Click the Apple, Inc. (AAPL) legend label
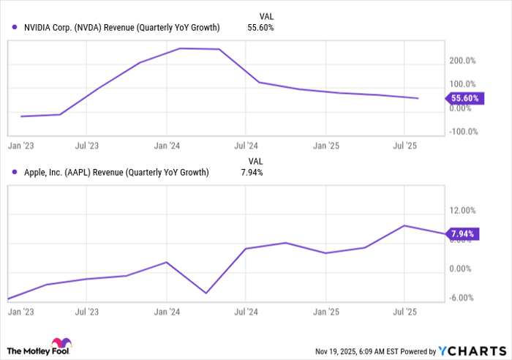[110, 173]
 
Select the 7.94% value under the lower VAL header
[252, 173]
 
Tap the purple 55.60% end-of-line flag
[462, 98]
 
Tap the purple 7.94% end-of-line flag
[461, 234]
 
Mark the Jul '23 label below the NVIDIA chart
[86, 145]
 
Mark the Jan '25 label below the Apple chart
[325, 310]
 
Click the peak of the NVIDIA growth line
[181, 48]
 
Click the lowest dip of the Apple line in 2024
[206, 293]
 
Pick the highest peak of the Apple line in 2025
[404, 225]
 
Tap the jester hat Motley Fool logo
[59, 344]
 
